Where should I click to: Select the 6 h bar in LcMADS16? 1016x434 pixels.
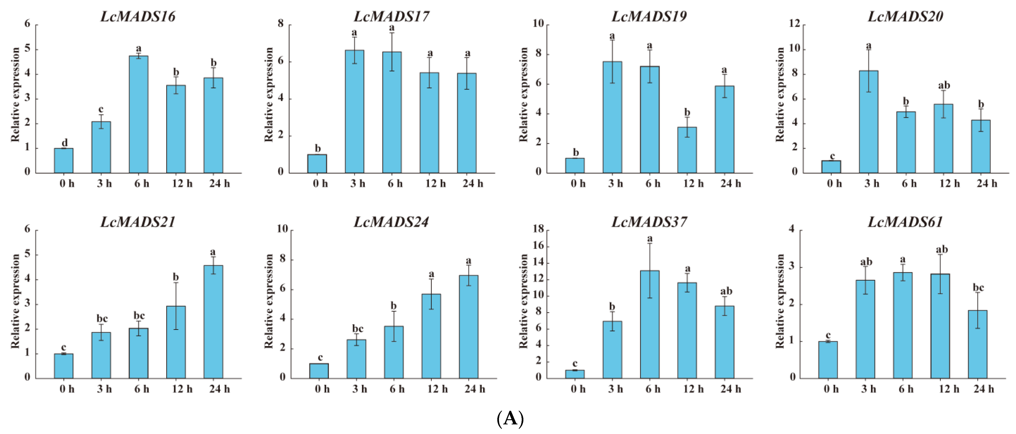[x=139, y=114]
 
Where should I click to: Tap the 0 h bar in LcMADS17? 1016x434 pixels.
[x=317, y=164]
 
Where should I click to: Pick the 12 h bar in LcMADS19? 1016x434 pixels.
[x=687, y=150]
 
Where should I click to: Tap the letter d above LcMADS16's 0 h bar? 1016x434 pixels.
[x=65, y=142]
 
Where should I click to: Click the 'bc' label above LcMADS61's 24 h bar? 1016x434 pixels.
[x=978, y=287]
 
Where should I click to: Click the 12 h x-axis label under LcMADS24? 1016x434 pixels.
[x=438, y=389]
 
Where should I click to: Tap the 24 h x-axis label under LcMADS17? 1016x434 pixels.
[x=473, y=183]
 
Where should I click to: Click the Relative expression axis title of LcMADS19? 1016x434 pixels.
[x=523, y=94]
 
